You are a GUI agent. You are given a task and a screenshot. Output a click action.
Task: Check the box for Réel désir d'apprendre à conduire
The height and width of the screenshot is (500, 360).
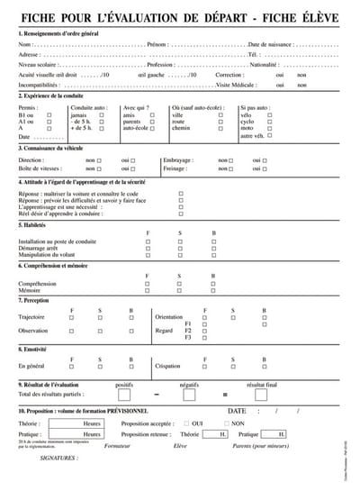[181, 214]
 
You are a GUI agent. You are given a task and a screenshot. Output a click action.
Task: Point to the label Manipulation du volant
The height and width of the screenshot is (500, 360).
[48, 256]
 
